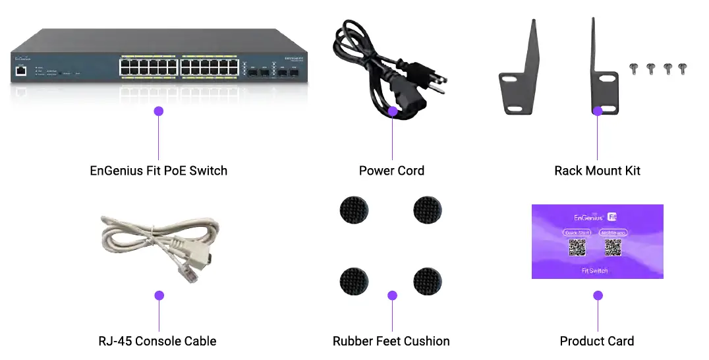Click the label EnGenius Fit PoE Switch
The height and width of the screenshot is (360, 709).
tap(158, 171)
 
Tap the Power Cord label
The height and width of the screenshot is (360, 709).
tap(391, 171)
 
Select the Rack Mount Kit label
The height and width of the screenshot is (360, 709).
tap(597, 171)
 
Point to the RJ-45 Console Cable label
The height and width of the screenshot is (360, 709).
tap(157, 341)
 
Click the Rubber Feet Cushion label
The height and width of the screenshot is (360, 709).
tap(391, 341)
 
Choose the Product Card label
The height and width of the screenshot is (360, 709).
tap(597, 341)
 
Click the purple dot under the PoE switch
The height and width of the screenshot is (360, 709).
tap(158, 111)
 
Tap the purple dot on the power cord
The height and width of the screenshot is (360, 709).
tap(393, 111)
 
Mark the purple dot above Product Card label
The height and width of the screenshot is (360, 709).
tap(598, 295)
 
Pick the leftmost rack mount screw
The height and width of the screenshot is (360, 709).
tap(635, 68)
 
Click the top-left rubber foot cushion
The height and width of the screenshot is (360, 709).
tap(354, 211)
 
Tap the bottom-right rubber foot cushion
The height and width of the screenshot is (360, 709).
tap(428, 282)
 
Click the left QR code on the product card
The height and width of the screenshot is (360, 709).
tap(577, 248)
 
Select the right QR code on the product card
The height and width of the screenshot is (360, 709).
tap(613, 248)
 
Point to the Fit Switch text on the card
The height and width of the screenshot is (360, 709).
tap(595, 270)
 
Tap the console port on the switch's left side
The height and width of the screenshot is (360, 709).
tap(22, 70)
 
